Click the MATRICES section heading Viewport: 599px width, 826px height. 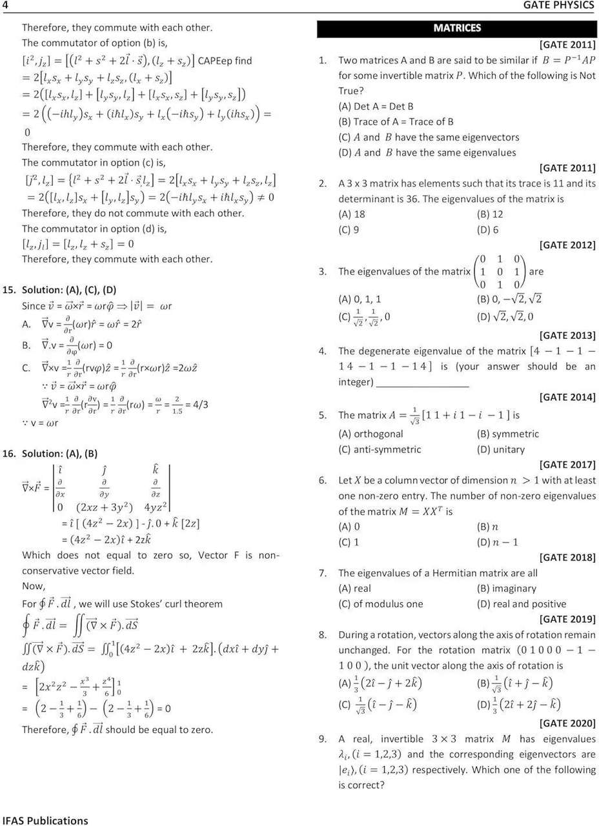click(457, 28)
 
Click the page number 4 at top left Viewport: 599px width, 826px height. click(5, 6)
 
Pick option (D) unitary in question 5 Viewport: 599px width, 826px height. click(500, 449)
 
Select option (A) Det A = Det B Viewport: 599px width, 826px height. click(376, 106)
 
